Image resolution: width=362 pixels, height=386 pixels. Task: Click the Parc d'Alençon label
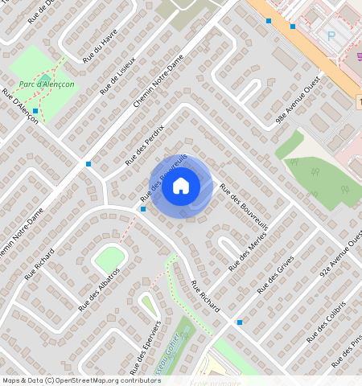[47, 83]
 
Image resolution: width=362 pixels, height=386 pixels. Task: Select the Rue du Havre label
[100, 44]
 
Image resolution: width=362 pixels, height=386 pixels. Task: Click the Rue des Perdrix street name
[144, 146]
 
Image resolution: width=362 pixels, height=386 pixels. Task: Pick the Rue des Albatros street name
[99, 289]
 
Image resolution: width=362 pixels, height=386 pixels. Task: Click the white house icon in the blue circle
[181, 187]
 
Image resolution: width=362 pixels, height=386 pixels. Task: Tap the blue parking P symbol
[331, 36]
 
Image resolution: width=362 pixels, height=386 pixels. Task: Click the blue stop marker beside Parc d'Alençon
[35, 110]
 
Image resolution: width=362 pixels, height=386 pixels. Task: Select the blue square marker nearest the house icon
[143, 209]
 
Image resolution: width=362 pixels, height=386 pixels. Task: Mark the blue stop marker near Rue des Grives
[240, 322]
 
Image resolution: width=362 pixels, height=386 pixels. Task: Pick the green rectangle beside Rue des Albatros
[109, 260]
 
